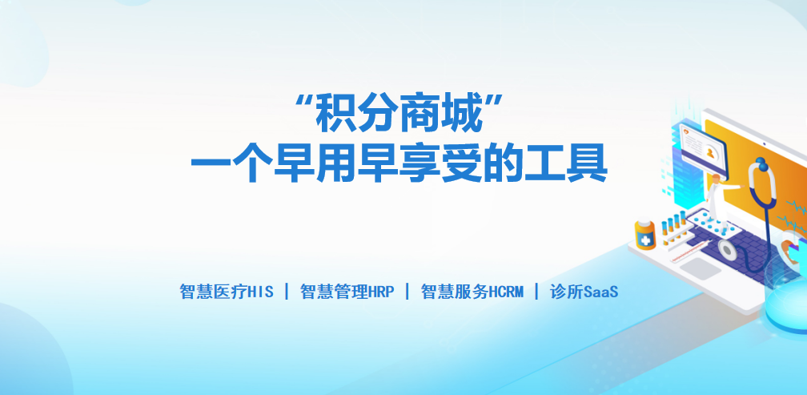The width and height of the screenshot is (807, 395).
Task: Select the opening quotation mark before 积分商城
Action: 305,102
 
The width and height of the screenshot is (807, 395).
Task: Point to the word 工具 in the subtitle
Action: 565,163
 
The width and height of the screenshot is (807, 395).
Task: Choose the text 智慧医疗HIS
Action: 227,292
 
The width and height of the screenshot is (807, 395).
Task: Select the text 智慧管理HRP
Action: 347,292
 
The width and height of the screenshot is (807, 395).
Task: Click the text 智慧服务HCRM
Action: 472,292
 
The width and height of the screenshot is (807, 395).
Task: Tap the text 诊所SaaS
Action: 584,292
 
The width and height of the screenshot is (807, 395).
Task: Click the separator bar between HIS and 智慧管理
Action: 287,292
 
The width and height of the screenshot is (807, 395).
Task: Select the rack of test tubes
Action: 675,227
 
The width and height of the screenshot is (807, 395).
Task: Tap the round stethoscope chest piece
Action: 727,249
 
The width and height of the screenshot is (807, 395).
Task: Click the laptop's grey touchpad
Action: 703,268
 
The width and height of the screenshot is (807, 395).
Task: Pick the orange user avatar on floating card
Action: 710,153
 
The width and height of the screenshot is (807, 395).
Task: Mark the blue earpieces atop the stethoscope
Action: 761,163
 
